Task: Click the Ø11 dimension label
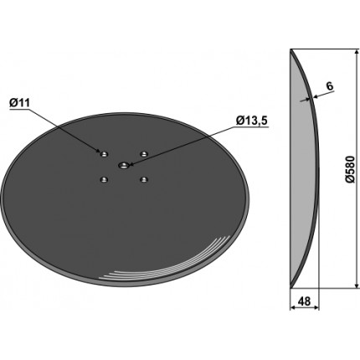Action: point(19,103)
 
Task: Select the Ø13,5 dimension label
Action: point(252,121)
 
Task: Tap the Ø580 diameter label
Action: point(350,169)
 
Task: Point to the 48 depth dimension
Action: point(304,301)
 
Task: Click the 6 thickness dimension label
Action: point(330,86)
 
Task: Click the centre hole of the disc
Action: point(123,165)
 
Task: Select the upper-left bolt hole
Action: point(104,154)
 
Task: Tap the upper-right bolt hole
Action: point(144,153)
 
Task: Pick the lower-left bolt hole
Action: point(104,180)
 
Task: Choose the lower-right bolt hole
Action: point(144,179)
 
